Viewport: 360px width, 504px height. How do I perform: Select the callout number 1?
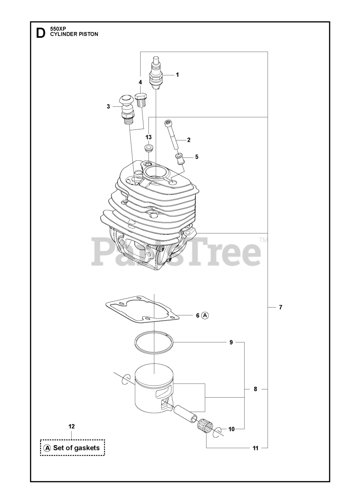[177, 75]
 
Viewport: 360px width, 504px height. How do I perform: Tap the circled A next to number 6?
[205, 315]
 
